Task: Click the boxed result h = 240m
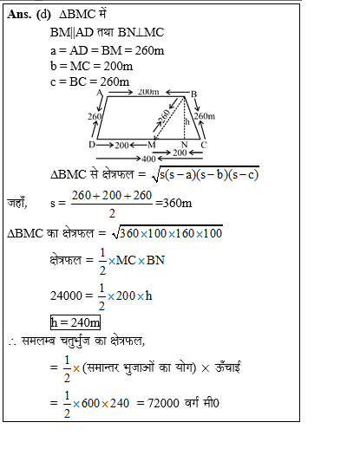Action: tap(75, 322)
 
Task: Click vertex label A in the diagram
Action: tap(101, 92)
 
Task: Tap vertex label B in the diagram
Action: tap(193, 94)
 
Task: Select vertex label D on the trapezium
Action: tap(91, 144)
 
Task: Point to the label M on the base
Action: tap(153, 145)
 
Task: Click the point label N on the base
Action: tap(185, 145)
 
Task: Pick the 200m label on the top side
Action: tap(147, 91)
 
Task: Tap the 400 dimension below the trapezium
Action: tap(148, 159)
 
